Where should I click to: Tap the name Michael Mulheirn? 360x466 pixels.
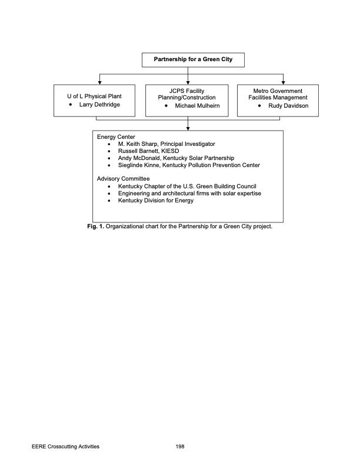(197, 106)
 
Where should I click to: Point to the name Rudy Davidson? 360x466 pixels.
(288, 106)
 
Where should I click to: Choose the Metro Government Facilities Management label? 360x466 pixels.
(278, 94)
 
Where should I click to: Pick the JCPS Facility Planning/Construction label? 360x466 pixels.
(186, 94)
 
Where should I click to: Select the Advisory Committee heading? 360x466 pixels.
(123, 178)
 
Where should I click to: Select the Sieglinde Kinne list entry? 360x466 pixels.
(188, 165)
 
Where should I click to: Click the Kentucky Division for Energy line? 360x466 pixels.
(155, 200)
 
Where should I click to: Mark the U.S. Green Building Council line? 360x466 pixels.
(186, 186)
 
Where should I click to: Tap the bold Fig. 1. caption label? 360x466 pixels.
(95, 227)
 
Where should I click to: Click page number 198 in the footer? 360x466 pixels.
(180, 447)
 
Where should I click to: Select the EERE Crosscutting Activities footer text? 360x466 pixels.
(65, 447)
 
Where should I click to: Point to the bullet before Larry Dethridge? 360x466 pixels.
(71, 105)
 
